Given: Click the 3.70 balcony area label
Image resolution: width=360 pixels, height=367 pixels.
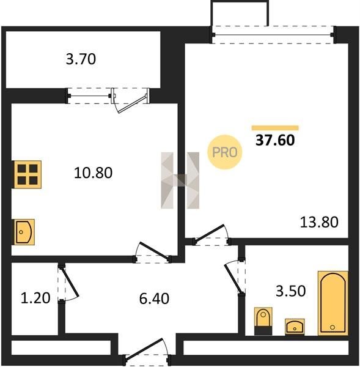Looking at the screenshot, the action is [x=81, y=59].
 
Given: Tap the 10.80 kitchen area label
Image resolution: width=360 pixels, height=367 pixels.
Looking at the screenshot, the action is [x=93, y=172].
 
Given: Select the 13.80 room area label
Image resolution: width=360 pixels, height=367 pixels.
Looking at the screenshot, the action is [x=319, y=222].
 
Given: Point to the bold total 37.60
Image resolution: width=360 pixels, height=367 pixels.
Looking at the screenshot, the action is [x=275, y=140].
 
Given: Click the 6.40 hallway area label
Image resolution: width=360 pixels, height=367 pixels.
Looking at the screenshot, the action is [x=154, y=298].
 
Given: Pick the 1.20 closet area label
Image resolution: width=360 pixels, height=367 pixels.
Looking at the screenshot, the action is [x=35, y=298].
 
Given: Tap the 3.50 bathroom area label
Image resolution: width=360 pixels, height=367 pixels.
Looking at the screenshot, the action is [x=291, y=291].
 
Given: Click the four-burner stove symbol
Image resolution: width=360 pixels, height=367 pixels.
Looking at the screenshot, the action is [x=28, y=174].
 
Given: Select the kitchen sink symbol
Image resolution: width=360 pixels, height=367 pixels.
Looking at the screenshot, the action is [x=24, y=232].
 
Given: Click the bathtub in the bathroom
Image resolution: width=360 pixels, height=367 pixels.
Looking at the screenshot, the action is [x=333, y=303].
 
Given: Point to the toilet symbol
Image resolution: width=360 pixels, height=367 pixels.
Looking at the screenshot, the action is [x=263, y=321].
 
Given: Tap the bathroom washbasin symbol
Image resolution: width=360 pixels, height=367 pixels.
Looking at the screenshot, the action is [x=295, y=327].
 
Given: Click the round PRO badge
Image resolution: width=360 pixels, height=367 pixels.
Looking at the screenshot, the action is [x=225, y=152].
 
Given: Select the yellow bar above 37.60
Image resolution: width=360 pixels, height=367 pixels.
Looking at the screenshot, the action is [x=275, y=128].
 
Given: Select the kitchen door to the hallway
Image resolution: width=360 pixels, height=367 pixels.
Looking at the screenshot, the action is [x=153, y=252].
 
